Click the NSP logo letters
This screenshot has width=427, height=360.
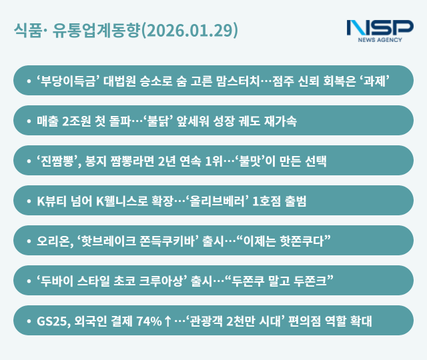tap(380, 28)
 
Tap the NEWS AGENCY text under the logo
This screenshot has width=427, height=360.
tap(380, 40)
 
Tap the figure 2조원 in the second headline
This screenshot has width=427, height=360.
tap(79, 121)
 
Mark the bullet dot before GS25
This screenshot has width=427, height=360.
tap(28, 321)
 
